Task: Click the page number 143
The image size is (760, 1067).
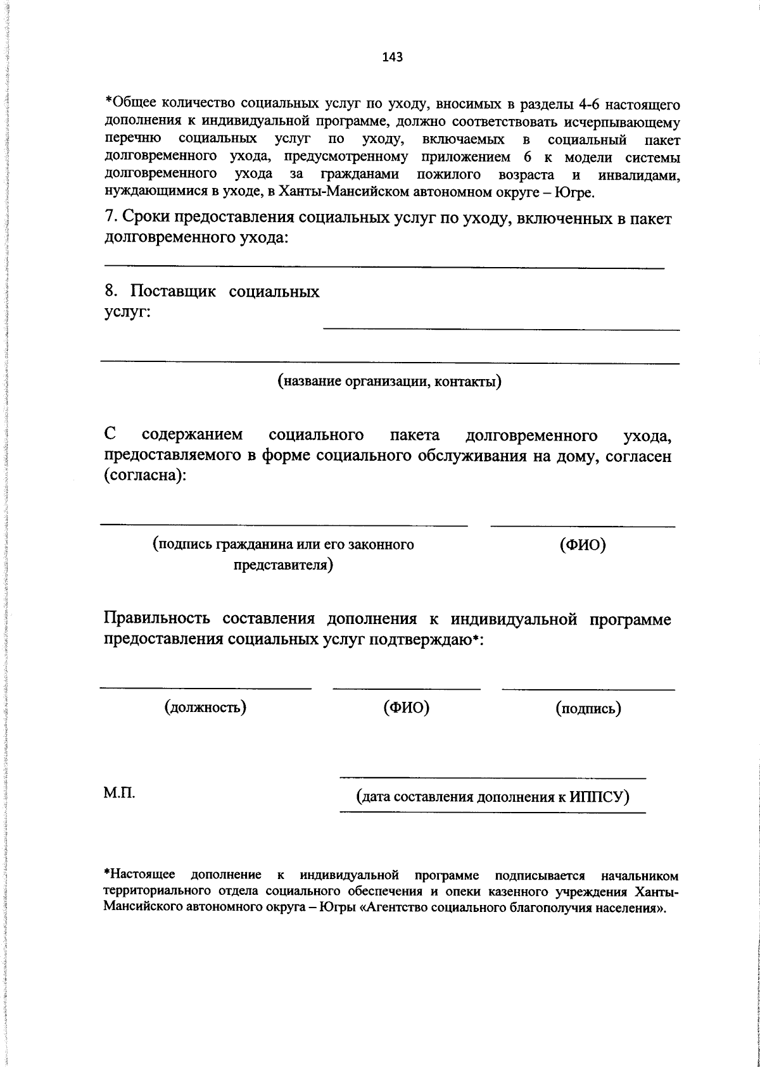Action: [x=393, y=58]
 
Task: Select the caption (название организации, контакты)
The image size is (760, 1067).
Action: [x=389, y=381]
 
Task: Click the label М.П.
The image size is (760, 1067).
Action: [x=119, y=793]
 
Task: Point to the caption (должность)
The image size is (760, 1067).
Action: [x=205, y=707]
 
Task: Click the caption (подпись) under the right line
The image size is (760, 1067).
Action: [x=588, y=708]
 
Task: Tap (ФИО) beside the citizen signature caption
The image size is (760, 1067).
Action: [x=583, y=545]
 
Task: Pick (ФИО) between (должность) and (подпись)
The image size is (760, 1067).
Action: [x=406, y=707]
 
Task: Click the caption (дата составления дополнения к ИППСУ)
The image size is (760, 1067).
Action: [x=493, y=796]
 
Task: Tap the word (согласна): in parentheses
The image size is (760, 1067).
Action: [x=145, y=475]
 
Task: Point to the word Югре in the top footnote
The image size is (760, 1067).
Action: [x=573, y=192]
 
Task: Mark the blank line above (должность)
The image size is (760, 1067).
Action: [x=206, y=688]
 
